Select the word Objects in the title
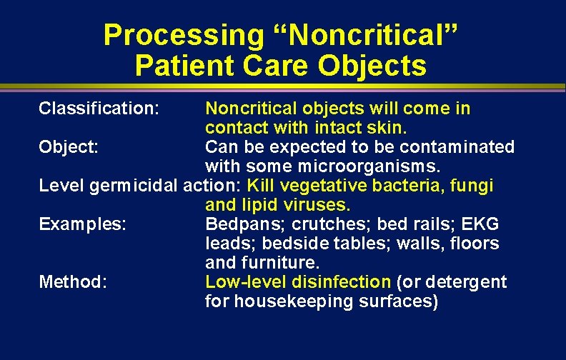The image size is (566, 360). pyautogui.click(x=372, y=66)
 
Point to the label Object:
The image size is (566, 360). pyautogui.click(x=69, y=147)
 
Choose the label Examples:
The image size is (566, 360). pyautogui.click(x=83, y=224)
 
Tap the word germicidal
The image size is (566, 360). pyautogui.click(x=136, y=186)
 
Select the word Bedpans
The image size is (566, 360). pyautogui.click(x=237, y=224)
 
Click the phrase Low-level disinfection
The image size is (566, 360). pyautogui.click(x=298, y=282)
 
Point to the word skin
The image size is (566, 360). pyautogui.click(x=387, y=128)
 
